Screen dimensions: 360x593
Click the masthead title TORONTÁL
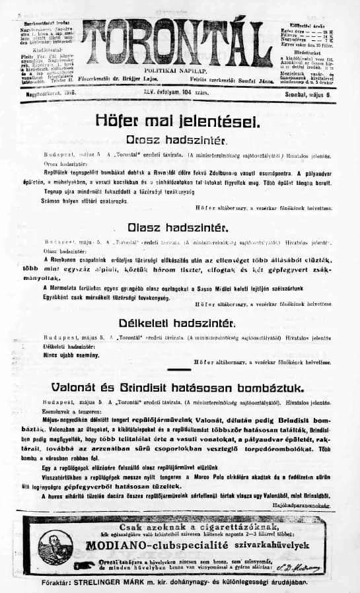180,41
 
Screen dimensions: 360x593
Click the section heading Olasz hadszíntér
179,228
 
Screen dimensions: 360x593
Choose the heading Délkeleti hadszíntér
176,323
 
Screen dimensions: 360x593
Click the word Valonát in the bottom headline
85,386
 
